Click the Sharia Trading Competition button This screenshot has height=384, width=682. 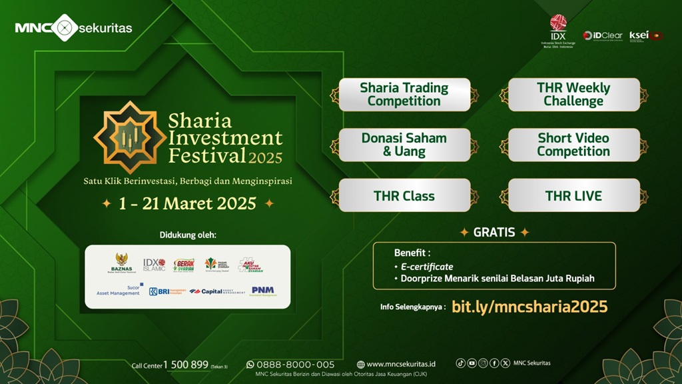[404, 95]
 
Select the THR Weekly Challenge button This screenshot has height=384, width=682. [573, 95]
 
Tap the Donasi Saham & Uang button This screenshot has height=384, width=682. [404, 145]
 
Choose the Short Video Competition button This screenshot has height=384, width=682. [573, 145]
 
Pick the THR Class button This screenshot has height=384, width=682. [404, 195]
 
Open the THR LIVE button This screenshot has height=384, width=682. [573, 195]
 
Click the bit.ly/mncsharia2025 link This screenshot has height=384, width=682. [529, 307]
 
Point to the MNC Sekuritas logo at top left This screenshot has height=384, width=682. [73, 28]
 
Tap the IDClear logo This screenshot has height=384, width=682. [602, 35]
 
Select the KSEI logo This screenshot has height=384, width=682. [645, 35]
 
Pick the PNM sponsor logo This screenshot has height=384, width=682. [262, 291]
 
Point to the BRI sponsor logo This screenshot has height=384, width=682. [167, 291]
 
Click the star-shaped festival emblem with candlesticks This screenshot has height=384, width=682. [130, 138]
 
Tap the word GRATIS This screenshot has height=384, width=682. [494, 233]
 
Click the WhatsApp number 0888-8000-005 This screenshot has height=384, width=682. [290, 365]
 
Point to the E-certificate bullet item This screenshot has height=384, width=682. [426, 267]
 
